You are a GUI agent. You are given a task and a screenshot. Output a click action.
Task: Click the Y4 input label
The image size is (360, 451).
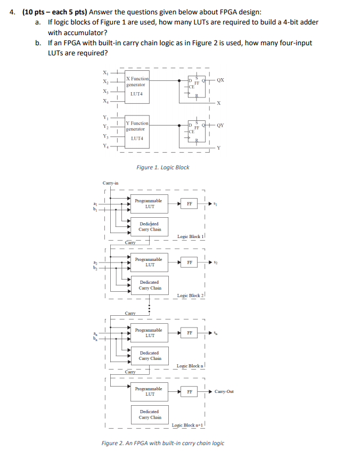105,146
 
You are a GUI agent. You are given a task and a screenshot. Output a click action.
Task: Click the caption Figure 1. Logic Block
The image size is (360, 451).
162,167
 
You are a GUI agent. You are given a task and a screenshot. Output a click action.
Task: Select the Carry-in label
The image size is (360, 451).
110,183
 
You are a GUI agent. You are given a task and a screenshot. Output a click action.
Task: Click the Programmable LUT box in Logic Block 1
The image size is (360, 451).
149,203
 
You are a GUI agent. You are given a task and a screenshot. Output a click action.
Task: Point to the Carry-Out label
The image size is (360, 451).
224,391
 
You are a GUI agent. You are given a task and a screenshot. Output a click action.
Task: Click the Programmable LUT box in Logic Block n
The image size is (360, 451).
149,333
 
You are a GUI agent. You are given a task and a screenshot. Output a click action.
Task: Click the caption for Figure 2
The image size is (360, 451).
162,443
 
